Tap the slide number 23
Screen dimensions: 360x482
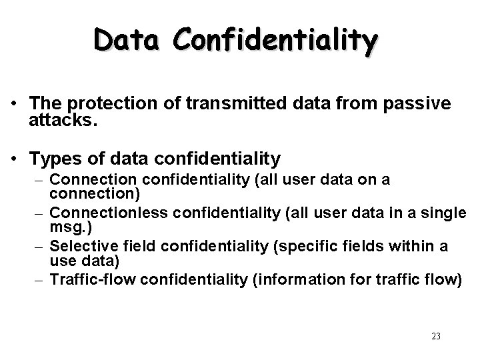[x=436, y=336]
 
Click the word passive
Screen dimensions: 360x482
[x=420, y=104]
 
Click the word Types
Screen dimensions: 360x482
[x=57, y=159]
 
